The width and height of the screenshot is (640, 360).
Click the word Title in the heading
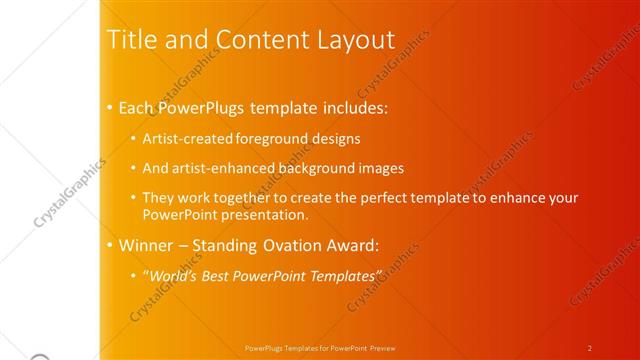pos(131,40)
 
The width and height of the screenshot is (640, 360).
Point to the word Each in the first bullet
pos(138,107)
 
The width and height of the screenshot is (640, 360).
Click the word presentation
pos(262,215)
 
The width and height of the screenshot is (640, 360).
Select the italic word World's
pos(176,275)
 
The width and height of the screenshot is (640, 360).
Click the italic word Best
pos(226,275)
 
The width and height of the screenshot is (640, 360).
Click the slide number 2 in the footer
pos(590,348)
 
